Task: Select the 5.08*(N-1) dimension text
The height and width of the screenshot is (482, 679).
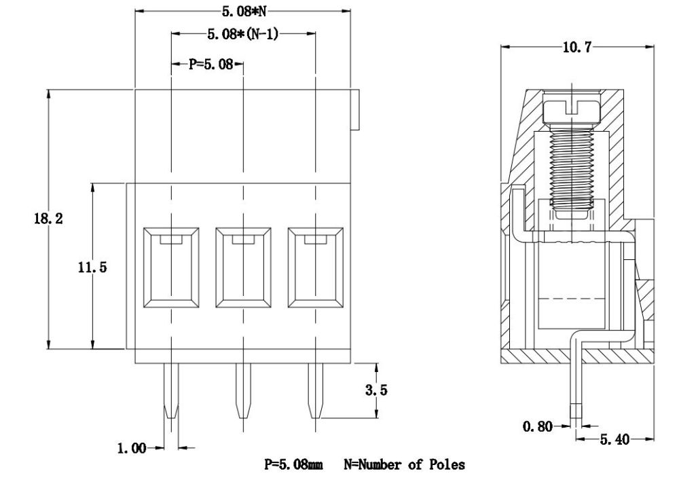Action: pyautogui.click(x=243, y=33)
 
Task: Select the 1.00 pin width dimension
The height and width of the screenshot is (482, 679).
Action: pyautogui.click(x=132, y=448)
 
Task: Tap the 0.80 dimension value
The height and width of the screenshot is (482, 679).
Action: pyautogui.click(x=536, y=426)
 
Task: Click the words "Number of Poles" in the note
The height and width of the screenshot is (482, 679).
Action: pyautogui.click(x=411, y=465)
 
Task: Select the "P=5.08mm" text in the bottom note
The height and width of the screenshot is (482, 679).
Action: pyautogui.click(x=294, y=465)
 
